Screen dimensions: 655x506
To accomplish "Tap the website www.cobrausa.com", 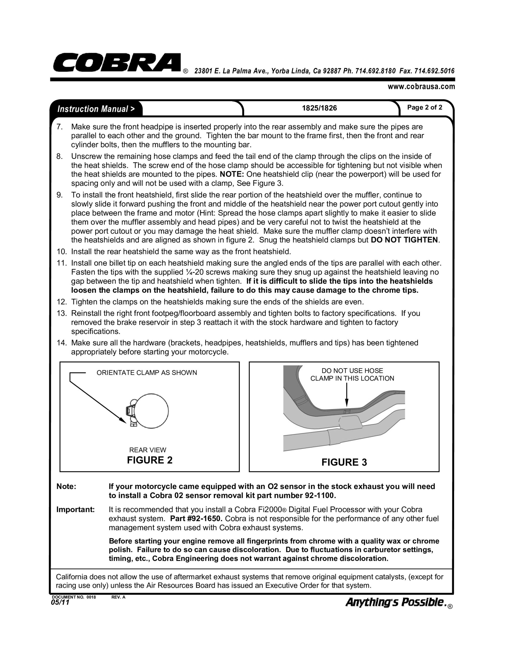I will click(421, 87).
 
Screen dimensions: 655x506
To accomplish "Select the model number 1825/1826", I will click(319, 108).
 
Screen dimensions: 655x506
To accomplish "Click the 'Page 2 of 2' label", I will click(424, 107).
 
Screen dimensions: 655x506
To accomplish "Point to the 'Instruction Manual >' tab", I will click(96, 109).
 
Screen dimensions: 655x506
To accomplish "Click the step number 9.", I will click(60, 195).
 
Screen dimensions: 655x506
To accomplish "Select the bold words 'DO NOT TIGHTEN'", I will click(404, 240).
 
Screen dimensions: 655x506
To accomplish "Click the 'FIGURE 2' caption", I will click(150, 460).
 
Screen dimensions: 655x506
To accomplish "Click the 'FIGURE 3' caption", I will click(344, 462).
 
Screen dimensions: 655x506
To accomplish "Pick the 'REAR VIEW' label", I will click(148, 450).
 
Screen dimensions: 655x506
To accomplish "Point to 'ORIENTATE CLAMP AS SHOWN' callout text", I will click(147, 373).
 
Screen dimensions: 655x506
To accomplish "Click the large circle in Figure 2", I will click(151, 411).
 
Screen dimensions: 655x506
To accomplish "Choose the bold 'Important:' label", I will click(75, 510).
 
